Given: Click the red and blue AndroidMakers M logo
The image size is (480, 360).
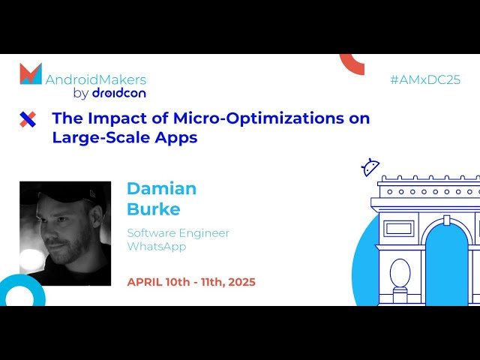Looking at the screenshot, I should pyautogui.click(x=31, y=74).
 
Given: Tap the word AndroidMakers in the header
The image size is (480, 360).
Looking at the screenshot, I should pyautogui.click(x=96, y=79).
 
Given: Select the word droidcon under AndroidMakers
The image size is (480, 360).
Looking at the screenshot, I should pyautogui.click(x=118, y=94).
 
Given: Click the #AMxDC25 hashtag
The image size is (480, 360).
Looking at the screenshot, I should pyautogui.click(x=424, y=79).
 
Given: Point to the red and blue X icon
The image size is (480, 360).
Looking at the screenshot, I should pyautogui.click(x=28, y=119).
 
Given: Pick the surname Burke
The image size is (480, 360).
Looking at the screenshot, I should pyautogui.click(x=154, y=208).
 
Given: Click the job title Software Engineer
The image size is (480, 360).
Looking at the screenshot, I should pyautogui.click(x=178, y=232).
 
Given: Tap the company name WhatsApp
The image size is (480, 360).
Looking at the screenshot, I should pyautogui.click(x=156, y=246).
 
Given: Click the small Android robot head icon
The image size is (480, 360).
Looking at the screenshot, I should pyautogui.click(x=370, y=167).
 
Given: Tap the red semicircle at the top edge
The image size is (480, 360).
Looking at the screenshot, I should pyautogui.click(x=352, y=62).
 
